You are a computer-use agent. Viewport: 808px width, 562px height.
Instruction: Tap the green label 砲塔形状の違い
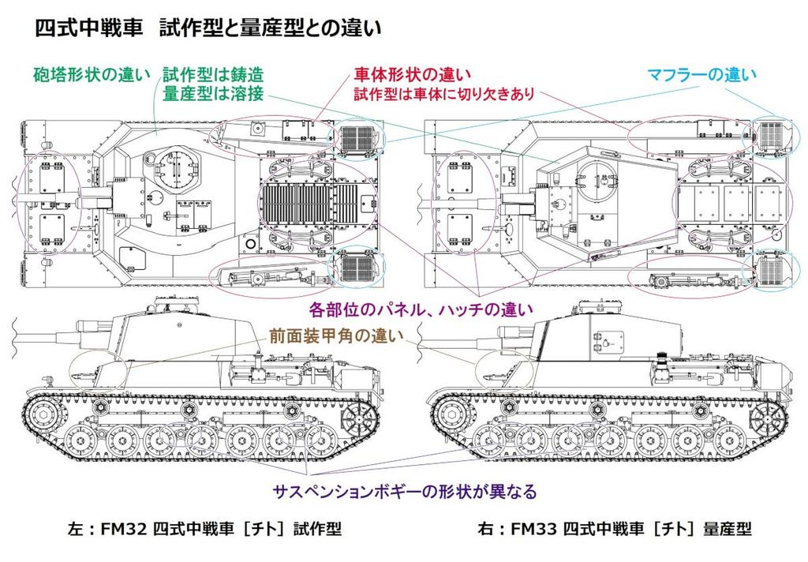[90, 76]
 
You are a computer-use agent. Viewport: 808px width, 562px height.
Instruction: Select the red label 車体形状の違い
[411, 76]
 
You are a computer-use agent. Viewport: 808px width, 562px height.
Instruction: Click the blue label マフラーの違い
[701, 75]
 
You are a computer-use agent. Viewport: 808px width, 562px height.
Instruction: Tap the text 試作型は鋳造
[212, 76]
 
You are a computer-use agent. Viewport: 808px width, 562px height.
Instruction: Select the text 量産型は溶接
[212, 95]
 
